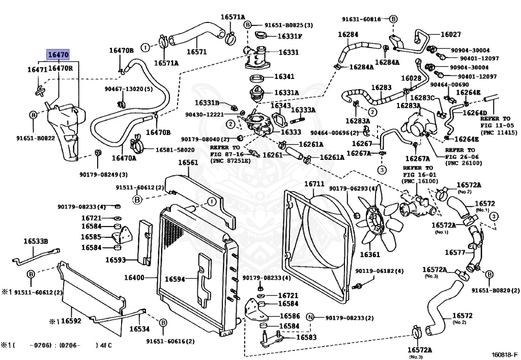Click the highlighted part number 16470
57,55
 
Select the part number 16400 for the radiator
134,278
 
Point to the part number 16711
314,183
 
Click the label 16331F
290,36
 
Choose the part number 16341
284,77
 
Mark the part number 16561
188,163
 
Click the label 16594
175,279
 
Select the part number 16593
115,260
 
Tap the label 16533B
35,241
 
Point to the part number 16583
306,337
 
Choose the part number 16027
450,35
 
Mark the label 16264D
474,113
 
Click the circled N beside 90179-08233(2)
310,317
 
